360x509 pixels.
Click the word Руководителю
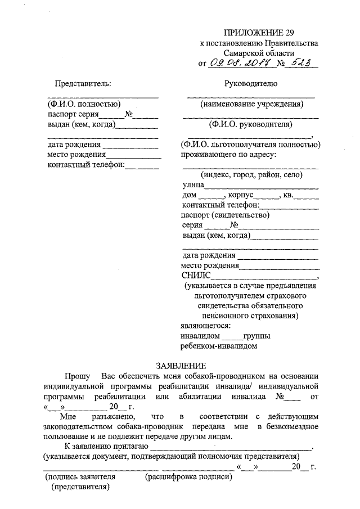click(250, 84)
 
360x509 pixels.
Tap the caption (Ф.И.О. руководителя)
click(250, 124)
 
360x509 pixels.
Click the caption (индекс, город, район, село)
click(251, 175)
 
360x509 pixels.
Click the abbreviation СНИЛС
click(196, 276)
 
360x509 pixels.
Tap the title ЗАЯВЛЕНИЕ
click(179, 365)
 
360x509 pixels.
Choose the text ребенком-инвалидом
click(219, 346)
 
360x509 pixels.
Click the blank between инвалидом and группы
click(231, 336)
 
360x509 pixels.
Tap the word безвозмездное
click(289, 427)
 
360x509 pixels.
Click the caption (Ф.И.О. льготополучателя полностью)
click(251, 145)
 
